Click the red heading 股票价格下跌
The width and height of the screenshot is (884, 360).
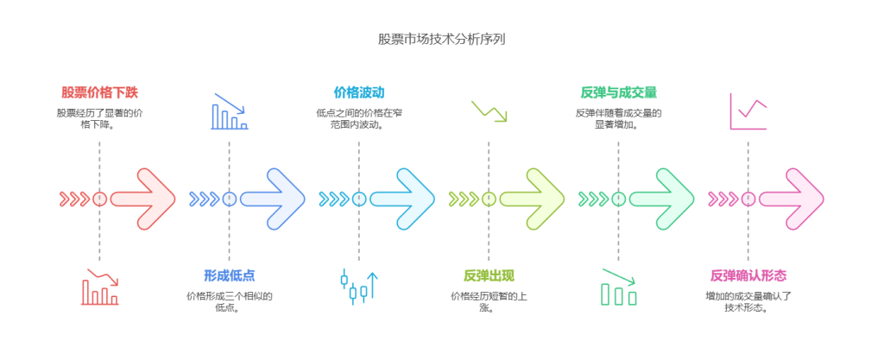[99, 92]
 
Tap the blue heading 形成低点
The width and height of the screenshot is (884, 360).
[229, 275]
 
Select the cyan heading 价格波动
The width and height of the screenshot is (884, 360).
[359, 92]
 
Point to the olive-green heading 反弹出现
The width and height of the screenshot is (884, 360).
[489, 275]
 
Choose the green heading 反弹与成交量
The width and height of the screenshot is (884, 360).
[618, 92]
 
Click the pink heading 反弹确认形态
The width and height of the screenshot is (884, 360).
[748, 275]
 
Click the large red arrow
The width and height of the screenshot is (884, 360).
[143, 199]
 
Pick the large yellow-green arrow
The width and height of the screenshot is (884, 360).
[533, 199]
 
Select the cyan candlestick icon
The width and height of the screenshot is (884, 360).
[359, 287]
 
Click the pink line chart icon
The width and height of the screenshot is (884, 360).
[748, 111]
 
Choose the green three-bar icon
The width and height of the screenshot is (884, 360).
[618, 288]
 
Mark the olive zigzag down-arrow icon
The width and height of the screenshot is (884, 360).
[489, 111]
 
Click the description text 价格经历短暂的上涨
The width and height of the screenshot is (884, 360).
[489, 302]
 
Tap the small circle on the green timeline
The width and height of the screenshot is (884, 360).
[618, 199]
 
